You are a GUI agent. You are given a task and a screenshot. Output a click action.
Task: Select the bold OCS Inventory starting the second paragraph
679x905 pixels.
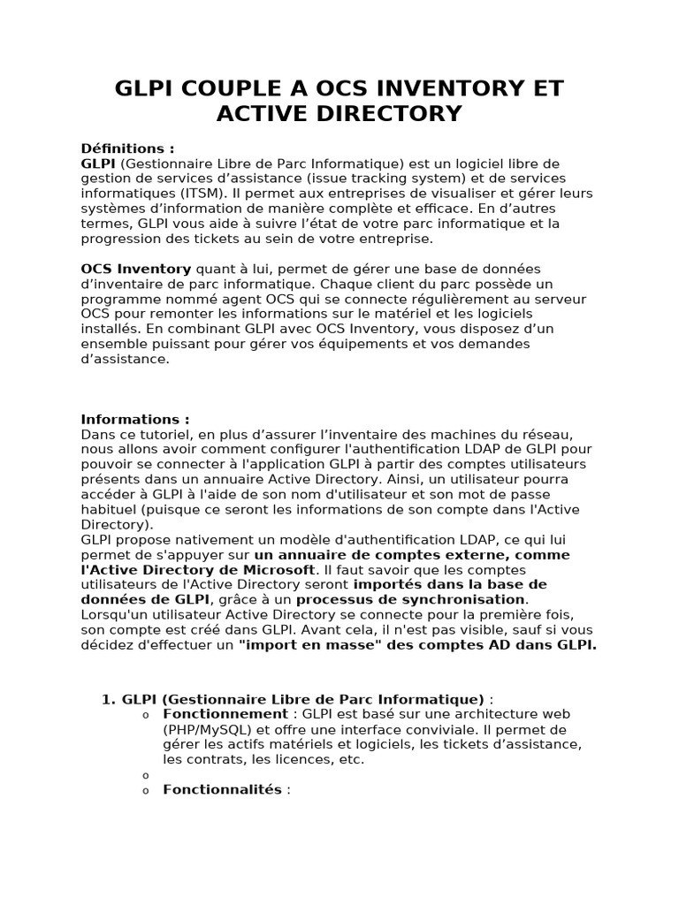136,269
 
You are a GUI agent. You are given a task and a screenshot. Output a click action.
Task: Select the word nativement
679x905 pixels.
203,540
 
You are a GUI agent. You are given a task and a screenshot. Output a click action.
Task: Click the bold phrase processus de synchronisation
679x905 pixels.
411,599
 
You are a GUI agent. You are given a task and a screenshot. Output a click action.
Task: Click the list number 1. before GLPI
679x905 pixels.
109,698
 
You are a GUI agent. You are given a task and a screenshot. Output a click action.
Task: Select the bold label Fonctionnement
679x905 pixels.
225,714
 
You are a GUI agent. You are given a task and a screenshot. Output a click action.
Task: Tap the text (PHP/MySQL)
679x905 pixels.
206,729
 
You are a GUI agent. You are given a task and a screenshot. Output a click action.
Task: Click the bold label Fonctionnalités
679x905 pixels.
222,789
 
